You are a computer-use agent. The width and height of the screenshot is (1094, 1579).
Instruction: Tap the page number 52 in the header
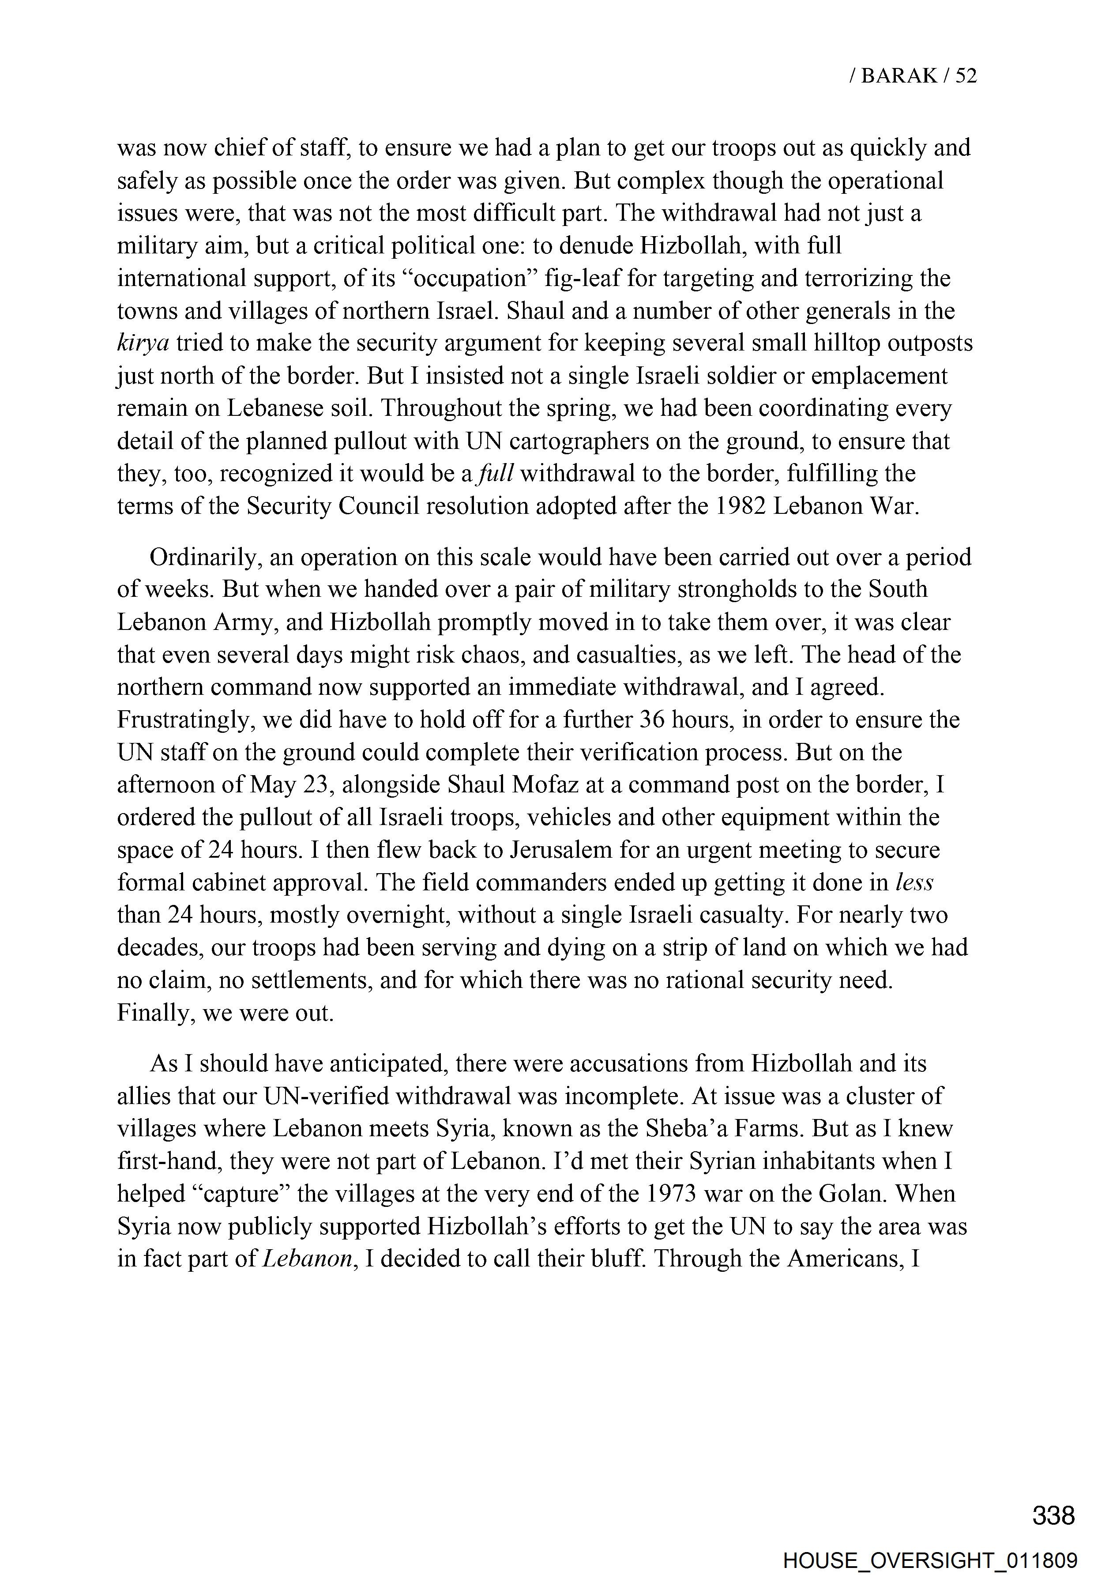click(x=965, y=75)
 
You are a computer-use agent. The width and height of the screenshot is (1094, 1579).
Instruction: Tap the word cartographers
click(x=576, y=441)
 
